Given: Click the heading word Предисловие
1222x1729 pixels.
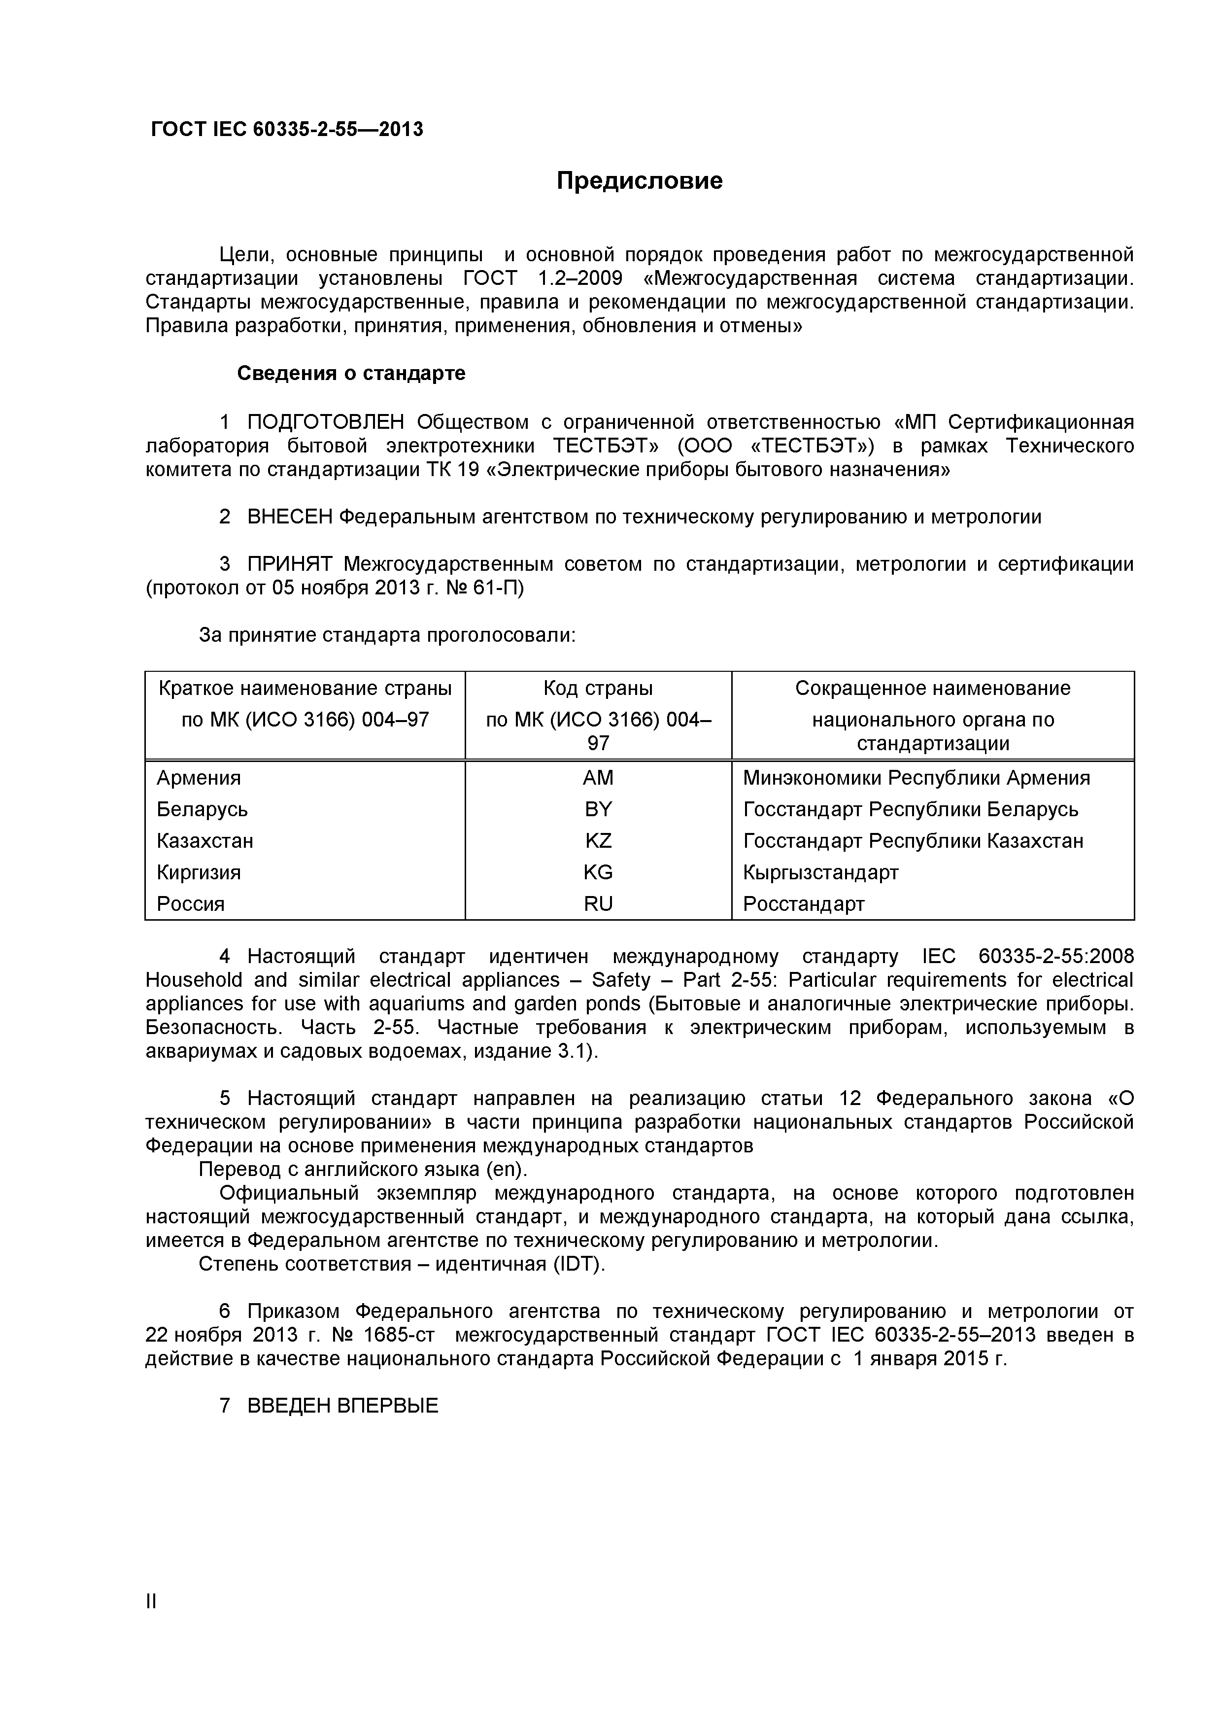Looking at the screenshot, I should (639, 181).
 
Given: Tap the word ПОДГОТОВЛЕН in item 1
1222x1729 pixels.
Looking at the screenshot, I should (326, 422).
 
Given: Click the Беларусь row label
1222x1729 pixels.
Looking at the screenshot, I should (202, 809).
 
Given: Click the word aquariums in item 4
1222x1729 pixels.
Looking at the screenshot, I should (412, 1004).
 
